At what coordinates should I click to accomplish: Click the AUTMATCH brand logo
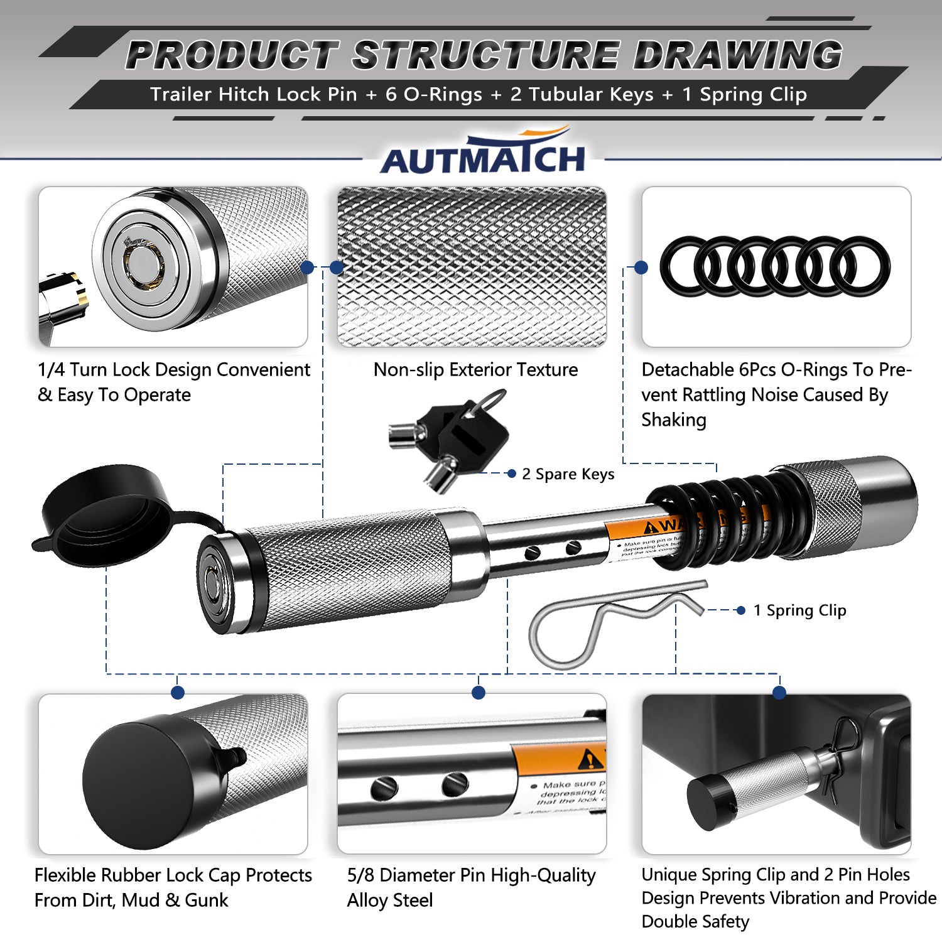click(482, 157)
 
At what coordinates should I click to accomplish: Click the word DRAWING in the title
click(737, 55)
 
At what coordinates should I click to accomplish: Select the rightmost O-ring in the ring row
click(864, 266)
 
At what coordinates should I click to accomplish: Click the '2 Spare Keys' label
click(568, 474)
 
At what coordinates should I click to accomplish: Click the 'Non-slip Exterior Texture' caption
click(475, 370)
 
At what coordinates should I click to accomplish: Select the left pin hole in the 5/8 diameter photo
click(384, 787)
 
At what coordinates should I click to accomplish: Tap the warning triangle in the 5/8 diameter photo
click(590, 761)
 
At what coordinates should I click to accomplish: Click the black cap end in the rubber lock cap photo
click(135, 782)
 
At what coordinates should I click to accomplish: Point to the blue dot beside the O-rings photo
click(641, 268)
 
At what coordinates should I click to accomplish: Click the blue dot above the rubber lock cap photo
click(178, 693)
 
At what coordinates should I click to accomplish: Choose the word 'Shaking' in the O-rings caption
click(674, 420)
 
